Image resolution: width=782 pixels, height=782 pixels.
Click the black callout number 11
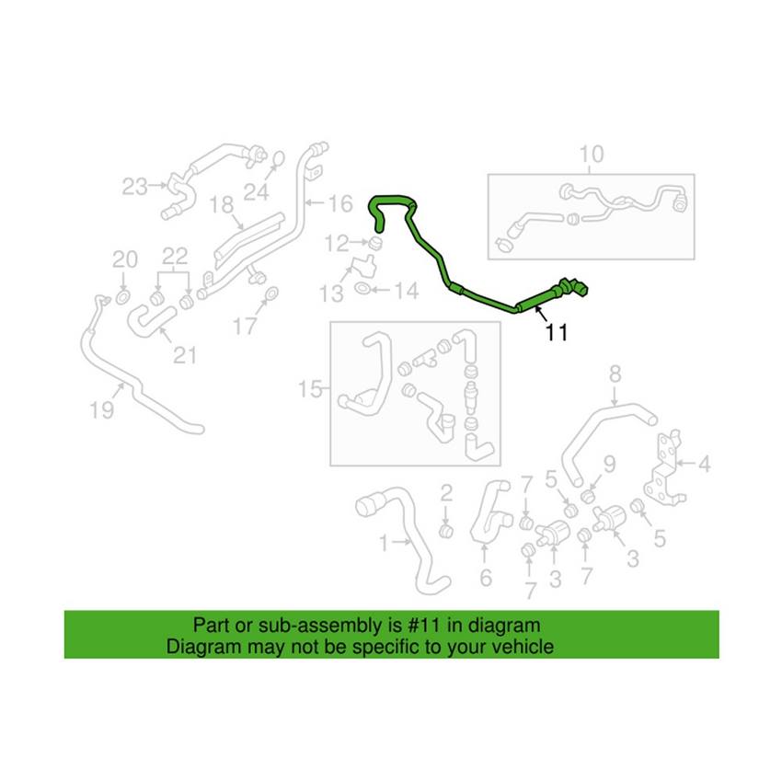[x=557, y=332]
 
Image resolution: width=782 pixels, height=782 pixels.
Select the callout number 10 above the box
[x=592, y=155]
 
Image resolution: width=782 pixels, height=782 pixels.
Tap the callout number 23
[x=134, y=187]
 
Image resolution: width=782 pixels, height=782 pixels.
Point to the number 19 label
[x=102, y=410]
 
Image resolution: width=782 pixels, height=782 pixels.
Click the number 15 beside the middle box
[x=310, y=389]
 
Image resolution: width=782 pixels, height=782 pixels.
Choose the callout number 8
[x=615, y=374]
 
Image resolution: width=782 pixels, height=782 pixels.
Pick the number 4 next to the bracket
[x=704, y=464]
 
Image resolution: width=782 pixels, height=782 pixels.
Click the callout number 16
[x=340, y=203]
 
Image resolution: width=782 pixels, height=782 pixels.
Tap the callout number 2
[x=446, y=493]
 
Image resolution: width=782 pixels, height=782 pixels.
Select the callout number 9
[x=609, y=465]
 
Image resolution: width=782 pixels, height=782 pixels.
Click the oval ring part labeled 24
[x=279, y=158]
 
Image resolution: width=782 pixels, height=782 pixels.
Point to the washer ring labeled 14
[x=362, y=288]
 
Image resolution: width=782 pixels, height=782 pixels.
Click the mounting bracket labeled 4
[x=662, y=471]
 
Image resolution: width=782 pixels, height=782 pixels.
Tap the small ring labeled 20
[x=122, y=298]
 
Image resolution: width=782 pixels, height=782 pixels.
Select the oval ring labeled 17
[x=271, y=294]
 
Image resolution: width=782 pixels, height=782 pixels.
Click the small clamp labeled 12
[x=374, y=245]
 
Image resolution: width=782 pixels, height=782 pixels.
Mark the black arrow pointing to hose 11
[x=540, y=315]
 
